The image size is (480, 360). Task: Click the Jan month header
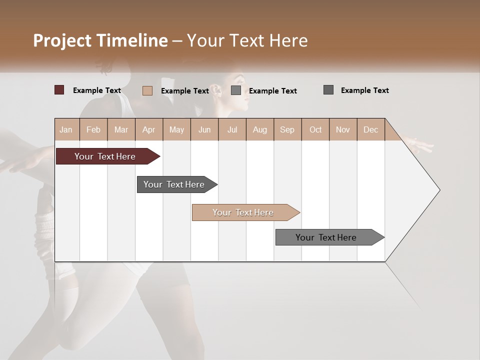pos(66,129)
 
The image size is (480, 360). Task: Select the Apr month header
pos(149,129)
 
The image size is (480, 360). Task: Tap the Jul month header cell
pos(232,129)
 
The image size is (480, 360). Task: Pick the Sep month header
pos(287,129)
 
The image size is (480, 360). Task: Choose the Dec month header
pos(370,129)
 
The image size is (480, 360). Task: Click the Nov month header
pos(343,129)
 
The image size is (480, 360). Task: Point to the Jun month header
pos(204,129)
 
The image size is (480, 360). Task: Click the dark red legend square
pos(59,90)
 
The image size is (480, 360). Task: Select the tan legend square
pos(147,90)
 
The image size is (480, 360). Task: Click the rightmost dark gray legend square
pos(328,90)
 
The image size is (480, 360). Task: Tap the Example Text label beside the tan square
pos(185,90)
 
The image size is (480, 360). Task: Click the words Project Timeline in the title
pos(100,40)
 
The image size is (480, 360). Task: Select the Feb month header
pos(93,129)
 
